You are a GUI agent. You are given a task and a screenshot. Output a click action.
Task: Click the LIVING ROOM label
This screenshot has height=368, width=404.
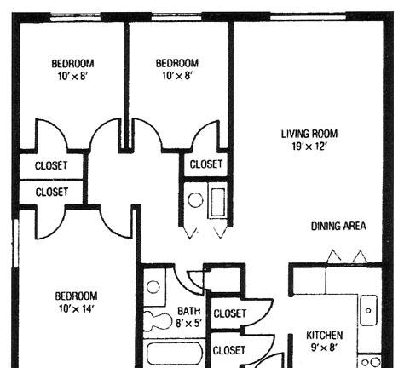point(309,134)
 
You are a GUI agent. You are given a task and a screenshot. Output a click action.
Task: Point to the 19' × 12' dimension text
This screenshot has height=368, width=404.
point(309,147)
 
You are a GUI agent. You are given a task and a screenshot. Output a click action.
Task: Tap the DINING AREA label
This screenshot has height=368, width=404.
point(338,227)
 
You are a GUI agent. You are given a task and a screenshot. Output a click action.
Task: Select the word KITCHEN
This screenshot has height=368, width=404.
point(324,336)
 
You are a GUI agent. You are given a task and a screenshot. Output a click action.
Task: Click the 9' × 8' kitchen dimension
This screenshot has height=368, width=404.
point(324,348)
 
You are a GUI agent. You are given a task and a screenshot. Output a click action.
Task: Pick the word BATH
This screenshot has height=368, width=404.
point(188,311)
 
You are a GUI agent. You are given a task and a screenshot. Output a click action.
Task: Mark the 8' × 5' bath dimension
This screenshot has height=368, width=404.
point(188,323)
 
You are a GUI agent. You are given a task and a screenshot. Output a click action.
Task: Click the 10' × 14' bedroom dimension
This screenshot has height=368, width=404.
point(76,308)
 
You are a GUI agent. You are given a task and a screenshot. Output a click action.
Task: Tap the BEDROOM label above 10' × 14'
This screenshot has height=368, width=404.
point(76,296)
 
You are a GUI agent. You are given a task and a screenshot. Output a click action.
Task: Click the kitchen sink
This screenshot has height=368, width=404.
point(368,310)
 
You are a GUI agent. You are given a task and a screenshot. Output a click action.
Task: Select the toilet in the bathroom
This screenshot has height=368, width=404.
point(155,321)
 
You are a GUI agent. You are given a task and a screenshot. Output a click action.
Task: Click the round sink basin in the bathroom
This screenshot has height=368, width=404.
point(153,287)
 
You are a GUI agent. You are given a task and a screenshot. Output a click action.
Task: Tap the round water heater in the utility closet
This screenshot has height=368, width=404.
point(195,200)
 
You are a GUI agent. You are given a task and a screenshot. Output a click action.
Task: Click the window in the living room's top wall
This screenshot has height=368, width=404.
point(308,18)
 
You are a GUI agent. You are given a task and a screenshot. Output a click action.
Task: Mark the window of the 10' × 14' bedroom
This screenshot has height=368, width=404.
point(16,243)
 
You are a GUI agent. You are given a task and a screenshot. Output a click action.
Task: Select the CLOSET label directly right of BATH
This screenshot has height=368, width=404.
point(229,313)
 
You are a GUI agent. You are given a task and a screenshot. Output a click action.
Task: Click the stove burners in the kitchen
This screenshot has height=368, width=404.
point(371,362)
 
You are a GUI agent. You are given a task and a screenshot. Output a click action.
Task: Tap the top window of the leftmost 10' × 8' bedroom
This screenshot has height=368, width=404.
point(76,18)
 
